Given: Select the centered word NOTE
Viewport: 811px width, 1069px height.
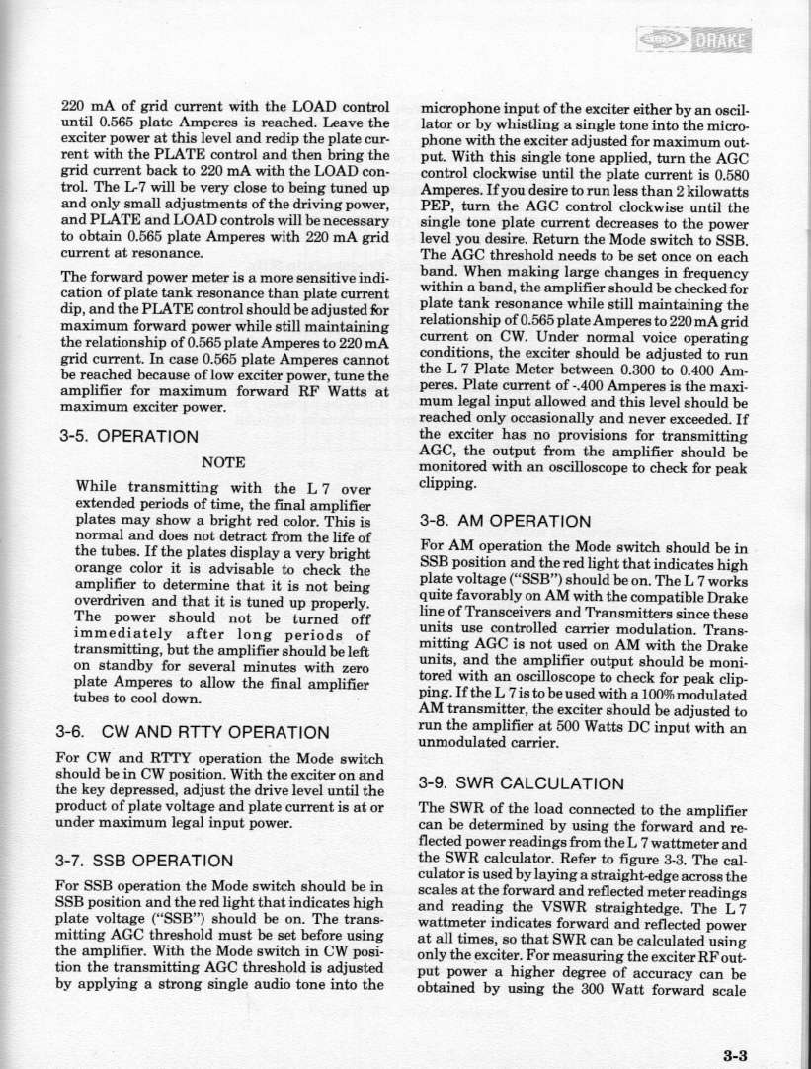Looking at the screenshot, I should coord(224,460).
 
